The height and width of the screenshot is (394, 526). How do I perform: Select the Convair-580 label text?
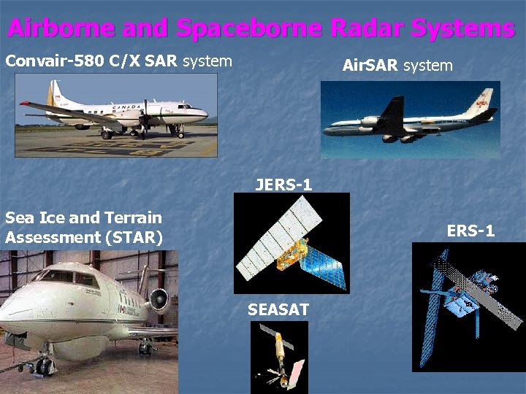click(x=55, y=61)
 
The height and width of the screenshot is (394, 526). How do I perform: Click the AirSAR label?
click(x=370, y=66)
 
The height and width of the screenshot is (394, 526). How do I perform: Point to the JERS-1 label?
click(x=283, y=185)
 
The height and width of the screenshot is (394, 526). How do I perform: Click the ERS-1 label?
click(x=470, y=231)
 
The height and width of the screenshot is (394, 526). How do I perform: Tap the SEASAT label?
click(x=278, y=310)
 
